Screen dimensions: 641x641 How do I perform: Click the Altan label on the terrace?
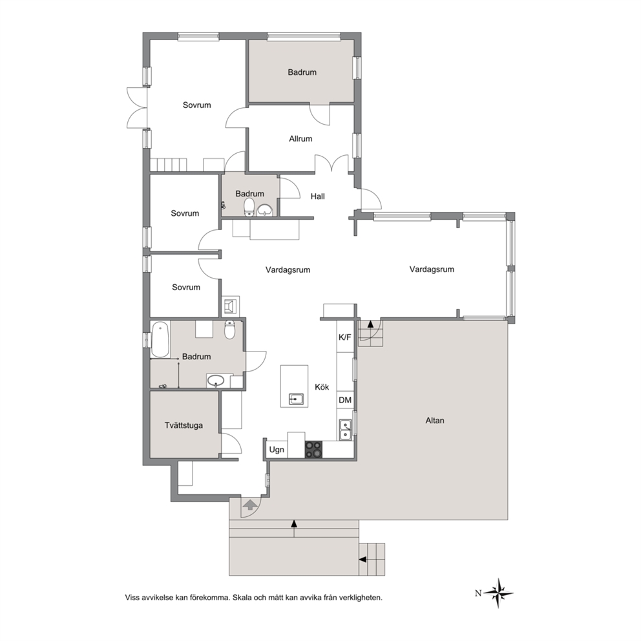(435, 420)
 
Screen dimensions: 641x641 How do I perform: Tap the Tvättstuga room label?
(184, 426)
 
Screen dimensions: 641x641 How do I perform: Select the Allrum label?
(300, 139)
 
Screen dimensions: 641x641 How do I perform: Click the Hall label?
(318, 196)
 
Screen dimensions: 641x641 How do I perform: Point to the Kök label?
(322, 387)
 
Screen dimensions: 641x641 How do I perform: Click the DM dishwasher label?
(345, 400)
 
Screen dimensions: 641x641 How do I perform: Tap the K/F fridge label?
(344, 337)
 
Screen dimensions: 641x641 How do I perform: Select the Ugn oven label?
(277, 450)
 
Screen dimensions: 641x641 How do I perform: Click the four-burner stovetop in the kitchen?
(313, 450)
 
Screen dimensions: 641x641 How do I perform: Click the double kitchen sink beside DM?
(346, 430)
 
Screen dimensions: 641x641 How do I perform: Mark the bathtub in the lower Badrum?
(160, 339)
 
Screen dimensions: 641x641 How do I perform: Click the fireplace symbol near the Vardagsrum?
(230, 306)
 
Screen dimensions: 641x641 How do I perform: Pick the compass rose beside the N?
(499, 593)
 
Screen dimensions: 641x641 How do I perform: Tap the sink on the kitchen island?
(295, 399)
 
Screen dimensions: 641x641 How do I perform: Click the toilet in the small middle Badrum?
(249, 207)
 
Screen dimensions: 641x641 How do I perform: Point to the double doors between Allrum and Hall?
(332, 163)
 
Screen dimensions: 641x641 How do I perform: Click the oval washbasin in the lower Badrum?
(216, 381)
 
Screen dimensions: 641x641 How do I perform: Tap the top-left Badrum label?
(302, 72)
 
